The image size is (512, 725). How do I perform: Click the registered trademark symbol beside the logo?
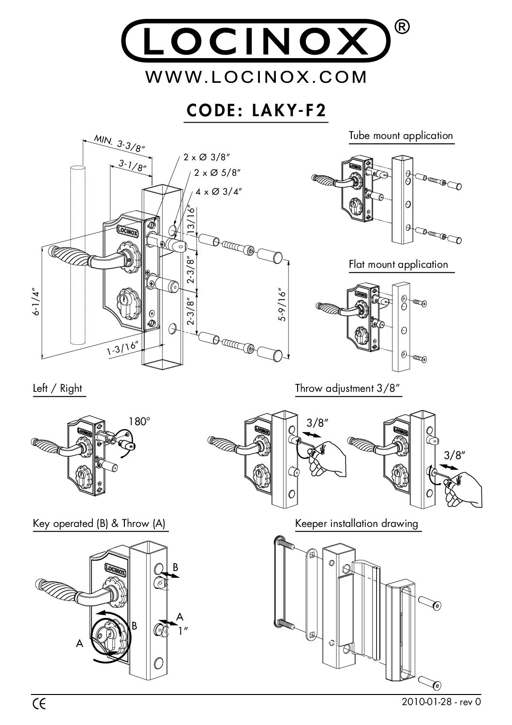click(405, 28)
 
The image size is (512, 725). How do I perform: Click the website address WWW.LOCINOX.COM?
click(256, 77)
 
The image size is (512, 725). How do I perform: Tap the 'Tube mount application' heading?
click(401, 136)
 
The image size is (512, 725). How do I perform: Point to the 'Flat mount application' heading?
click(398, 264)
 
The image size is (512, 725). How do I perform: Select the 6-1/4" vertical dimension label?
click(35, 303)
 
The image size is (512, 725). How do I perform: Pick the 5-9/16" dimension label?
click(283, 305)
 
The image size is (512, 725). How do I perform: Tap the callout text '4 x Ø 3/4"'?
click(219, 191)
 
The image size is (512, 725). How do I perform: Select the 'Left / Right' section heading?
click(58, 388)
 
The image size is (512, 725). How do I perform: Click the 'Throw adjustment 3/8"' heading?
click(347, 388)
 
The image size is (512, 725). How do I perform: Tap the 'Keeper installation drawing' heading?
click(356, 524)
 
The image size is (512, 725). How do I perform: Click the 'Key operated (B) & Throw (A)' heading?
click(99, 524)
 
